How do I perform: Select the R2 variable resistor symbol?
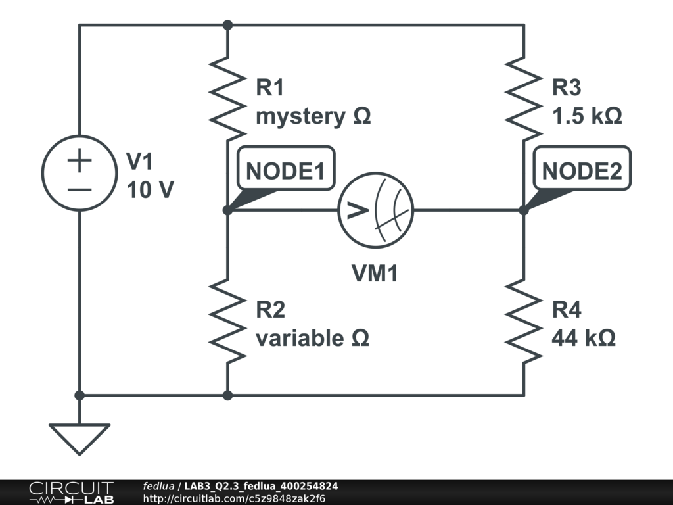pos(227,320)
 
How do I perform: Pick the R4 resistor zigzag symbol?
pos(524,320)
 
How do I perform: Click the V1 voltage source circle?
pos(79,174)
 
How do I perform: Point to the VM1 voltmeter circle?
pos(376,210)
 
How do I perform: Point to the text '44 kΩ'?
pos(584,338)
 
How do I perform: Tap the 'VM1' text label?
pos(375,274)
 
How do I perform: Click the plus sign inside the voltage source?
pos(80,160)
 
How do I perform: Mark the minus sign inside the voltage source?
pos(80,189)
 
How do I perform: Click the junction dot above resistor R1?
pos(227,25)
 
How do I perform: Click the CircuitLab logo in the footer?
pos(70,493)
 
